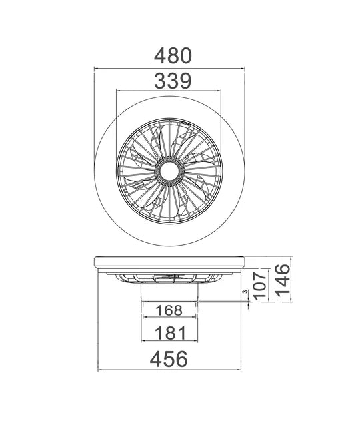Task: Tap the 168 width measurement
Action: coord(169,310)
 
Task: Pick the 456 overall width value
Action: coord(169,359)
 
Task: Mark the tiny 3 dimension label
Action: coord(245,292)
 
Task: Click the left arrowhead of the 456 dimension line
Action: coord(100,370)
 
